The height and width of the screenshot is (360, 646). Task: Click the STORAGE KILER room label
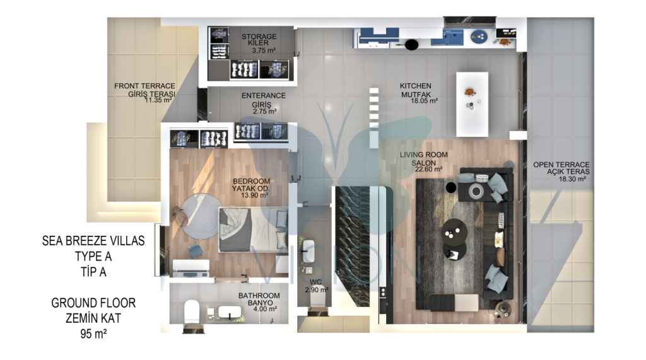(259, 40)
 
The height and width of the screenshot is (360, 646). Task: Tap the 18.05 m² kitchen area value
(424, 101)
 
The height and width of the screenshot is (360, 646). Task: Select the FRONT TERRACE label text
(144, 86)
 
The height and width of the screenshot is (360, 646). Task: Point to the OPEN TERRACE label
(561, 165)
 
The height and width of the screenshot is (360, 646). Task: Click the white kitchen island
(472, 104)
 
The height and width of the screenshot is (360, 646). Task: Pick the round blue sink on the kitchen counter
(479, 37)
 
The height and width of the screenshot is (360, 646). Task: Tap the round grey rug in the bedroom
(201, 216)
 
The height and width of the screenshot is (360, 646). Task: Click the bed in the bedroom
(253, 229)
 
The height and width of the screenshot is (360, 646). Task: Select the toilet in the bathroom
(191, 312)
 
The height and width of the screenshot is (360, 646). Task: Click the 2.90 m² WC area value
(317, 290)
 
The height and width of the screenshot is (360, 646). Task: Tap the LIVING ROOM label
(423, 155)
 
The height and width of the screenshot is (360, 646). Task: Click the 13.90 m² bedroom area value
(255, 195)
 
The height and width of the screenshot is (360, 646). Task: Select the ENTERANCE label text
(263, 96)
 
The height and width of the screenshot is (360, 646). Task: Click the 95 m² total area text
(93, 334)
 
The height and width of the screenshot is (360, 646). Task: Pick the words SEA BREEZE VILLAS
(93, 241)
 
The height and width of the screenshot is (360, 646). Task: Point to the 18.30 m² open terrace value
(572, 179)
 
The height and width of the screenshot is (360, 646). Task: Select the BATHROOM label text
(259, 296)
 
